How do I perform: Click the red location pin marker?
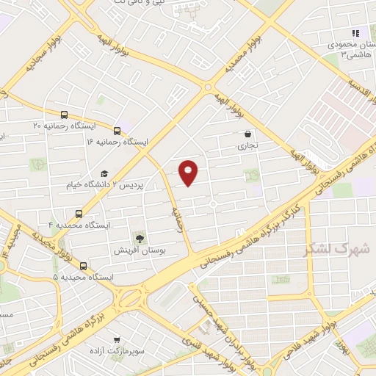pos(189,172)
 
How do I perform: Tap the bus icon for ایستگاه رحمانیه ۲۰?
pos(64,115)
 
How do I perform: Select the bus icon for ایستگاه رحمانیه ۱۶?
pos(117,130)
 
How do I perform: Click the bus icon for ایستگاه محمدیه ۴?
pos(79,214)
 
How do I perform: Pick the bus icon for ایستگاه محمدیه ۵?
pos(83,266)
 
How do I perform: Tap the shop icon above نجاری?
pos(247,134)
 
